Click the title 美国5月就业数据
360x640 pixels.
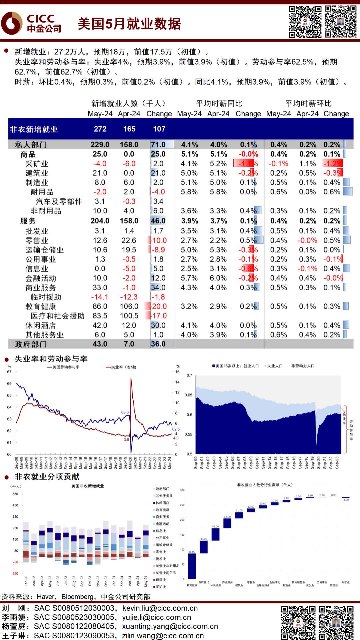[129, 24]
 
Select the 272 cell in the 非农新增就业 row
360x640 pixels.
[100, 129]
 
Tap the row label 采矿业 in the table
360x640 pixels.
[37, 164]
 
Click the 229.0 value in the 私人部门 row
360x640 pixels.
[100, 145]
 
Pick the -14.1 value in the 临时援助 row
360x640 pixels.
[99, 297]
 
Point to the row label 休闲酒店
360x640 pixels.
[41, 325]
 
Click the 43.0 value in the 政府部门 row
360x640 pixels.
[100, 344]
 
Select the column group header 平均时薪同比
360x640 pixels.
[219, 104]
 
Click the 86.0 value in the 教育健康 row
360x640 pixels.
[100, 307]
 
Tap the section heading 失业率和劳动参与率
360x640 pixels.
[51, 359]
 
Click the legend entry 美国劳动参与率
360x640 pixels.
[66, 367]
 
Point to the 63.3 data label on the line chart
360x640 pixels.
[125, 412]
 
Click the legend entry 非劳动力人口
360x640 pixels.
[303, 366]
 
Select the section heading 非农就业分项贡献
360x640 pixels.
[47, 477]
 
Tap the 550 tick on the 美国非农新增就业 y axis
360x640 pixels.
[15, 494]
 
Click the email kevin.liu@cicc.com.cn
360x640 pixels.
[160, 608]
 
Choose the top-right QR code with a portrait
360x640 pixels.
[340, 22]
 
